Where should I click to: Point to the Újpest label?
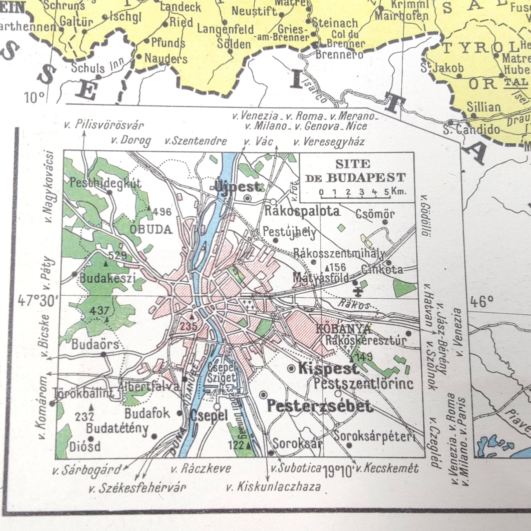(x=238, y=187)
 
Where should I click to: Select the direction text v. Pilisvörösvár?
(x=104, y=125)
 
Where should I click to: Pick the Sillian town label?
(x=484, y=107)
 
